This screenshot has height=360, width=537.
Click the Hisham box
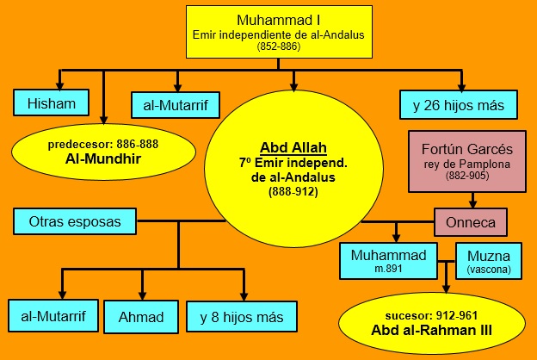pyautogui.click(x=51, y=102)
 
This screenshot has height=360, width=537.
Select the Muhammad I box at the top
pyautogui.click(x=279, y=32)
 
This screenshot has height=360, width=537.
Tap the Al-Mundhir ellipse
pyautogui.click(x=103, y=152)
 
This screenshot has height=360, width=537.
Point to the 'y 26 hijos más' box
pyautogui.click(x=459, y=105)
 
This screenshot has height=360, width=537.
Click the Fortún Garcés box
pyautogui.click(x=467, y=161)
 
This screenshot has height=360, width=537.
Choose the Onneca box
pyautogui.click(x=471, y=222)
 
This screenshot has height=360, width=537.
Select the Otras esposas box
pyautogui.click(x=75, y=221)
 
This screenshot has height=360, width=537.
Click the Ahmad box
pyautogui.click(x=141, y=317)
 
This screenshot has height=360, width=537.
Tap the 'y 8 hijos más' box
pyautogui.click(x=242, y=317)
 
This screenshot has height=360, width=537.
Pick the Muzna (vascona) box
pyautogui.click(x=489, y=261)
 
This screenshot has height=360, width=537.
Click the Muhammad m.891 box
pyautogui.click(x=388, y=261)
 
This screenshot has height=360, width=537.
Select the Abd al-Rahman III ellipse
pyautogui.click(x=432, y=323)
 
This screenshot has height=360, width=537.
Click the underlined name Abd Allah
pyautogui.click(x=293, y=148)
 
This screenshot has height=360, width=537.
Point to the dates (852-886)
pyautogui.click(x=279, y=47)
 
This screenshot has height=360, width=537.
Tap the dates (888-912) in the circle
pyautogui.click(x=293, y=191)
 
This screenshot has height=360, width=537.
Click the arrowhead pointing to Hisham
pyautogui.click(x=60, y=86)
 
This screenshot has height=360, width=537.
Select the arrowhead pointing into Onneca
pyautogui.click(x=473, y=204)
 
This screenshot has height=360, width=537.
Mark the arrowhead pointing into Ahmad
pyautogui.click(x=143, y=296)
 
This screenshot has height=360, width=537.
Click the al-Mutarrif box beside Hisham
pyautogui.click(x=176, y=105)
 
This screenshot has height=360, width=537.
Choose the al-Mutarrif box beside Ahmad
pyautogui.click(x=53, y=316)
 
